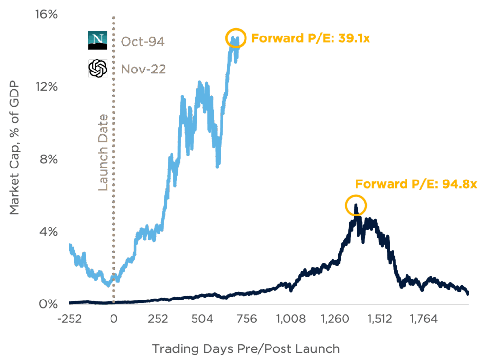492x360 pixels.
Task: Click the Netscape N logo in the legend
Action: click(x=98, y=41)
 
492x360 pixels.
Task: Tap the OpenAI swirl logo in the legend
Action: click(x=98, y=69)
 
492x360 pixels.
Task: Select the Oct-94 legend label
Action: click(x=143, y=42)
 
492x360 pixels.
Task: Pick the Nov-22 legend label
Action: click(x=143, y=69)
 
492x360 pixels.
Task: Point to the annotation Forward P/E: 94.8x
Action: click(x=416, y=184)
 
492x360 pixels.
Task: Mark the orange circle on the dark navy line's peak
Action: click(x=356, y=206)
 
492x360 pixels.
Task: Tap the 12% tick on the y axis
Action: click(x=48, y=87)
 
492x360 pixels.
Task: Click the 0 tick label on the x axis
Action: click(x=114, y=319)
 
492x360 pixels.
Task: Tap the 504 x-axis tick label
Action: click(x=204, y=319)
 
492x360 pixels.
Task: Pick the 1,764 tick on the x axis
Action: click(x=423, y=319)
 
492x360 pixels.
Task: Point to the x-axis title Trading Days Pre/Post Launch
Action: click(x=246, y=348)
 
